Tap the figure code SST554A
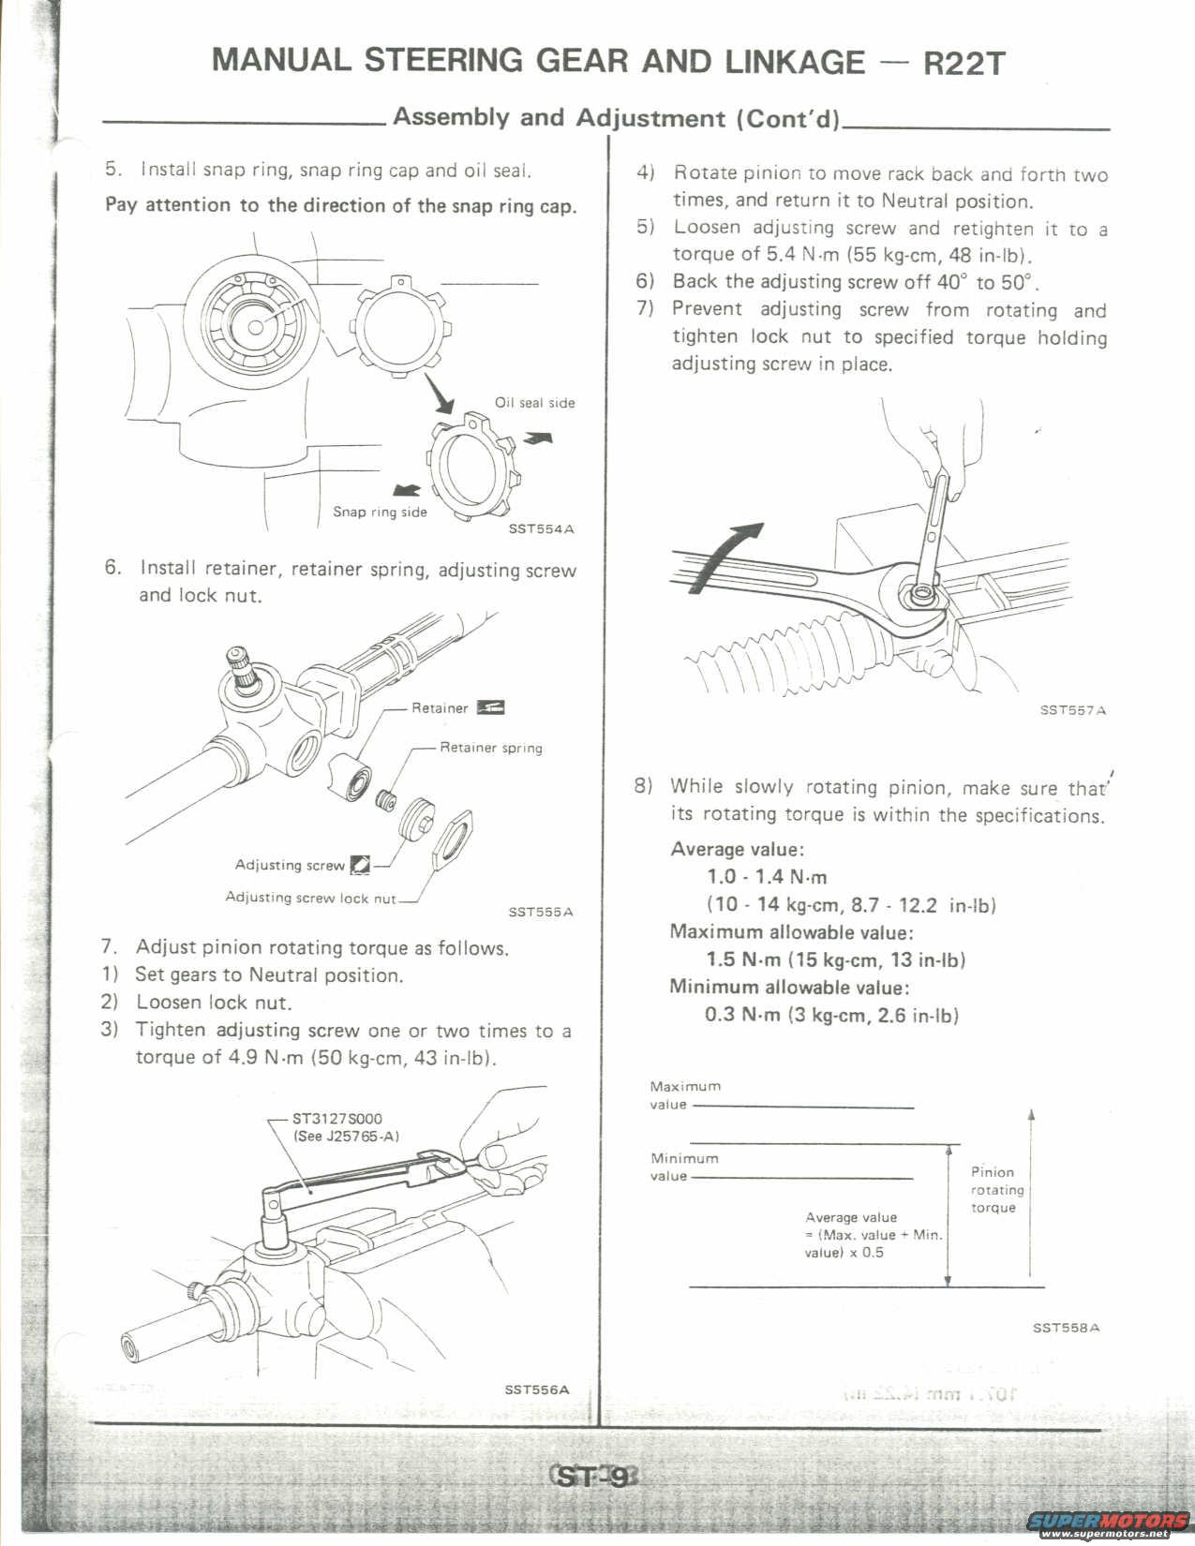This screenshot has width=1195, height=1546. point(541,528)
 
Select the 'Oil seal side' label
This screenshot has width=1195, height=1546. point(534,403)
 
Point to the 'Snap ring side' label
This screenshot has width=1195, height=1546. point(380,512)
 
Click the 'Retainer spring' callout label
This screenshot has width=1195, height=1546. point(491,748)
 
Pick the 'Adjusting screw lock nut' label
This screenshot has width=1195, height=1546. point(311,898)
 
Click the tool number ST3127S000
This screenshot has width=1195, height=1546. point(337,1118)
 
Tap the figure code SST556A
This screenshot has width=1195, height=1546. point(536,1389)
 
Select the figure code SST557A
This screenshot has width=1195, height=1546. point(1072,710)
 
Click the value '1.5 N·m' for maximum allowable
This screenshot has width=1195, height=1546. point(742,959)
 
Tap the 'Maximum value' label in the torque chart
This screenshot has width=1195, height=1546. point(685,1095)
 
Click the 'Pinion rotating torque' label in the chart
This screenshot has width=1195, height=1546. point(996,1189)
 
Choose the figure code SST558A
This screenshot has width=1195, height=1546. point(1066,1328)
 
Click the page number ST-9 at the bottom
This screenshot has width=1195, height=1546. point(593,1478)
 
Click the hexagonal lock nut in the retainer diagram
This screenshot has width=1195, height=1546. point(452,839)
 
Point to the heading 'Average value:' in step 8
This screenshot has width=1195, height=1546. point(737,850)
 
